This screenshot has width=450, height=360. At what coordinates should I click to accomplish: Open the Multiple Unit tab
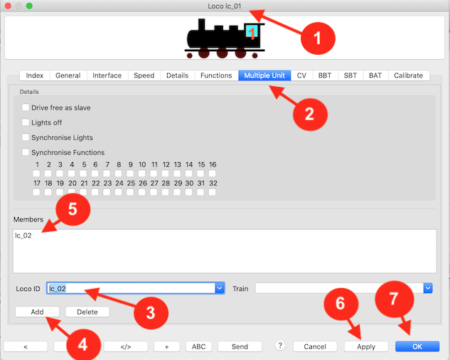[264, 75]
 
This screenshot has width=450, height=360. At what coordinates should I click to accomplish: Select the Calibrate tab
[408, 75]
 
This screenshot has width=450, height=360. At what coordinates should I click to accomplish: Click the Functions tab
[216, 75]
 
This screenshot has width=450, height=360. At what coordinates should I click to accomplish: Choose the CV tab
[301, 75]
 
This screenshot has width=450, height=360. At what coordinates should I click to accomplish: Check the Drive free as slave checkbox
[26, 107]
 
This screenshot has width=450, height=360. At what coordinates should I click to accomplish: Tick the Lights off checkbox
[26, 122]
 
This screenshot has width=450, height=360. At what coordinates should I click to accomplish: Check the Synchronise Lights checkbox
[26, 137]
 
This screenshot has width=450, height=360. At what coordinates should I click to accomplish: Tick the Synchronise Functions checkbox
[26, 152]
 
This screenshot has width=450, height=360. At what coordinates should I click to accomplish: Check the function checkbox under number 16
[212, 174]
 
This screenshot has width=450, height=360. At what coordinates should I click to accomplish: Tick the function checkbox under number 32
[212, 192]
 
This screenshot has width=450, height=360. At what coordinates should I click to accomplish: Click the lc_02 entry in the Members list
[23, 235]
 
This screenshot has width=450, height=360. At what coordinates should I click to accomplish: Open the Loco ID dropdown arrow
[220, 288]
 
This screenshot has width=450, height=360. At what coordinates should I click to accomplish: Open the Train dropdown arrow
[428, 288]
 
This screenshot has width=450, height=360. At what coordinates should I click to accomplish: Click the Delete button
[87, 312]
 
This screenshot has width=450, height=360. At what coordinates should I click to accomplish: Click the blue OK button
[417, 346]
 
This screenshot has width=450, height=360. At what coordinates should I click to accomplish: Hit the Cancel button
[315, 346]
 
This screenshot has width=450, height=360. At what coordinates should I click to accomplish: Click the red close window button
[8, 6]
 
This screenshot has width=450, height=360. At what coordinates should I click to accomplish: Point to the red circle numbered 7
[395, 299]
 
